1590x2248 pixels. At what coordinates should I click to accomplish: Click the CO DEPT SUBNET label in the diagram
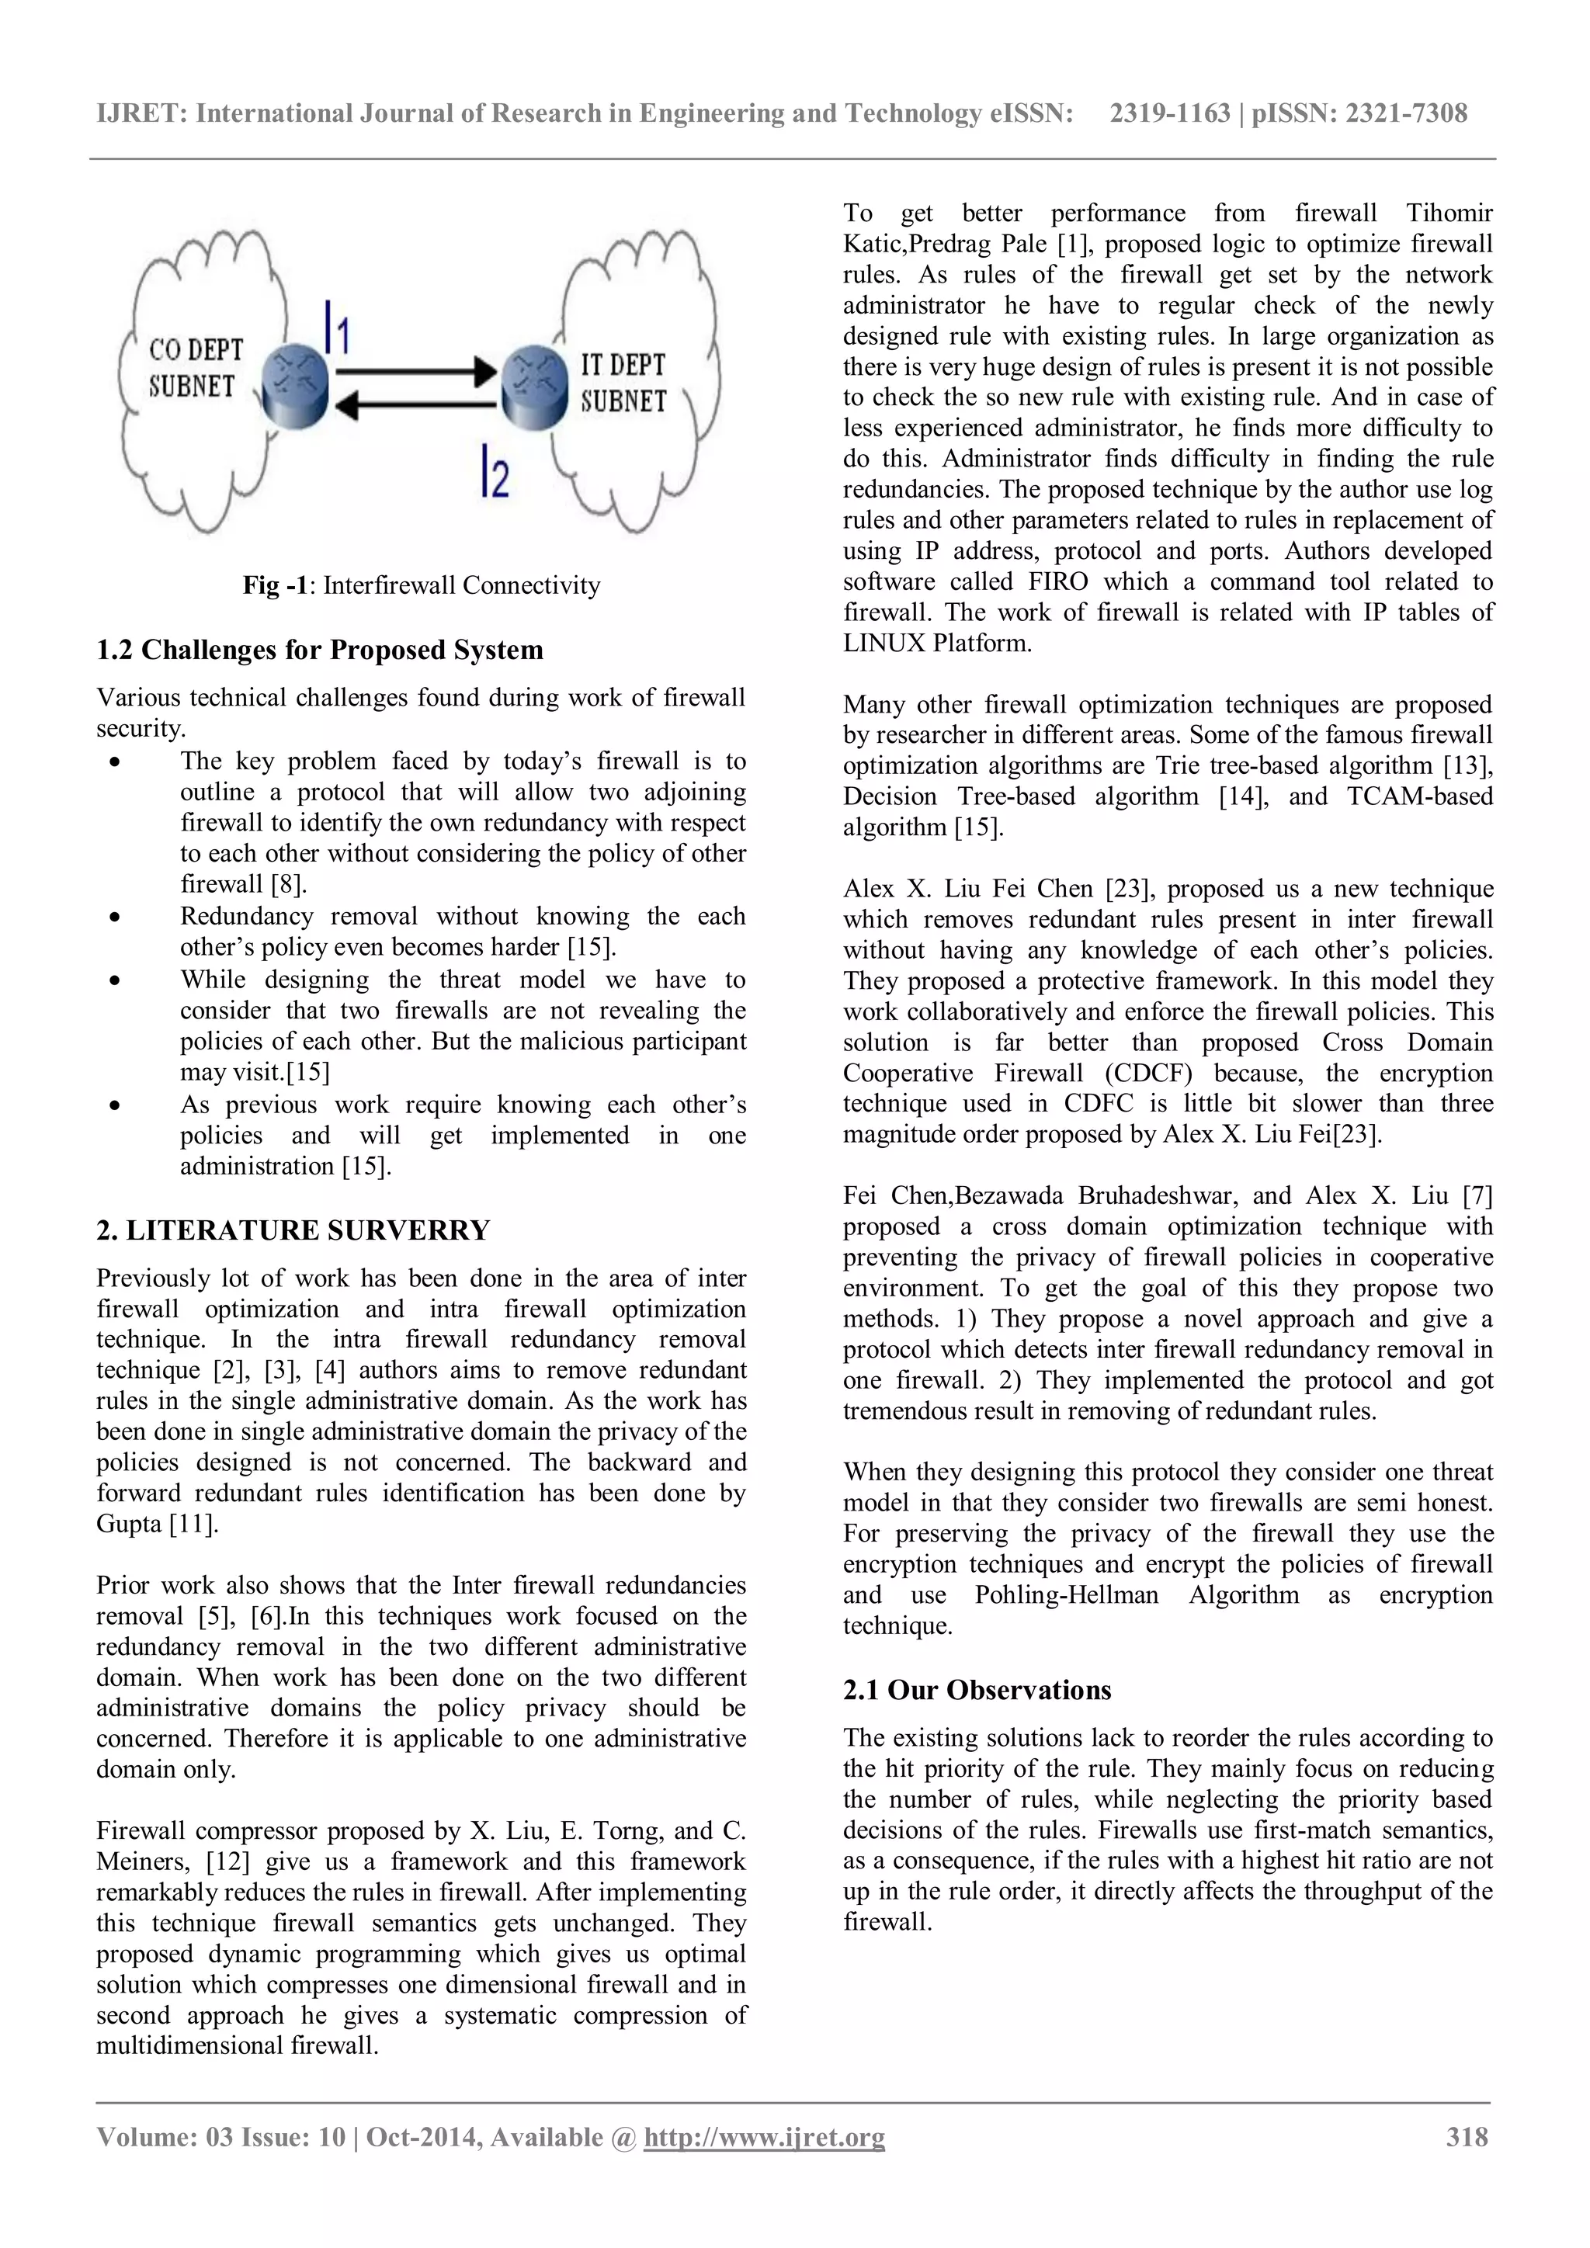tap(195, 368)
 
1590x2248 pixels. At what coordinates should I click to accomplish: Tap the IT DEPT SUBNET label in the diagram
tap(623, 383)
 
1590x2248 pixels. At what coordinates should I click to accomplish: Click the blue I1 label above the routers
tap(336, 328)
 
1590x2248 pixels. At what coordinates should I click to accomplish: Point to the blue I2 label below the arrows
tap(495, 472)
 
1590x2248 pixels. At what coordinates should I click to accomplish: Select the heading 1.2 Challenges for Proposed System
tap(319, 650)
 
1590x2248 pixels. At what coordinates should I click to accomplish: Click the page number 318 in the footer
tap(1467, 2136)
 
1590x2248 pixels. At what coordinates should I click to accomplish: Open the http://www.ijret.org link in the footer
tap(764, 2136)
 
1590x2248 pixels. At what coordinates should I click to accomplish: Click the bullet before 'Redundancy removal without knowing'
tap(116, 918)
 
